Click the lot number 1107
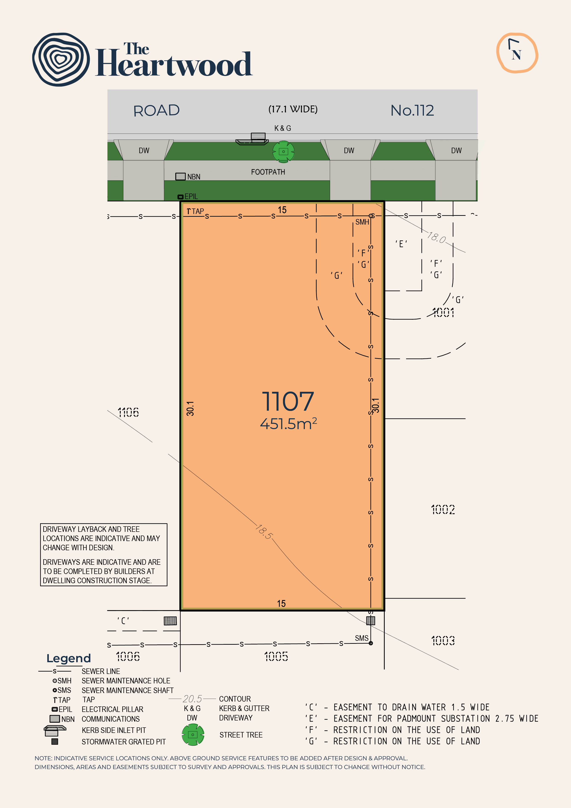[288, 401]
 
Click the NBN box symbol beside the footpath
[181, 176]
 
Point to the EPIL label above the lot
[191, 196]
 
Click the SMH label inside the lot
[362, 222]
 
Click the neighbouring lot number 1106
[128, 412]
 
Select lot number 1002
[443, 509]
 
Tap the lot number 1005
[276, 656]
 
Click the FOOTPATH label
[268, 172]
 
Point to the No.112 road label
[412, 111]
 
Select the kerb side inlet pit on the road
[252, 139]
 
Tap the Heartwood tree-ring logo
[61, 59]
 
